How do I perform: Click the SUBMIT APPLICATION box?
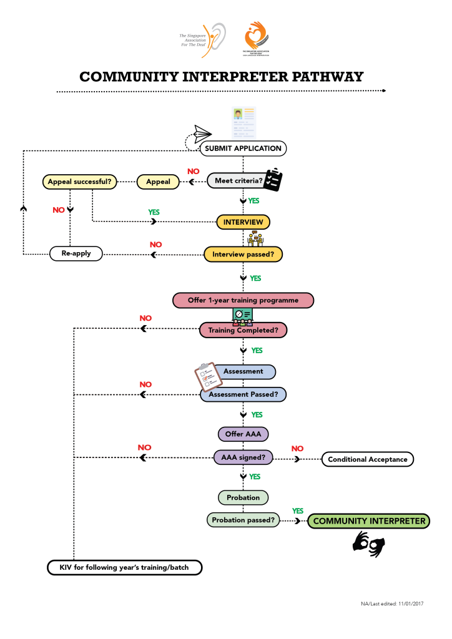click(x=243, y=149)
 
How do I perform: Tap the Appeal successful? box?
click(x=80, y=182)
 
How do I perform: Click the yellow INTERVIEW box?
click(x=243, y=222)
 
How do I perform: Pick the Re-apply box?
click(x=76, y=254)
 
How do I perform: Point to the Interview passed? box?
click(x=243, y=254)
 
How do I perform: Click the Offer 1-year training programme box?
click(x=243, y=300)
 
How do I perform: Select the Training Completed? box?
click(x=243, y=330)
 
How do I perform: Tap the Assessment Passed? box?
click(x=243, y=394)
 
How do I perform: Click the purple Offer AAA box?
click(x=243, y=434)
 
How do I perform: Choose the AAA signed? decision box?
click(x=243, y=457)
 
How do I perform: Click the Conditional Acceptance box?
click(x=367, y=459)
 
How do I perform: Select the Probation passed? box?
click(x=243, y=520)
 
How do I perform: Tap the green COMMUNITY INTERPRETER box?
click(x=369, y=521)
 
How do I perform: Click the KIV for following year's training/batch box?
click(x=126, y=568)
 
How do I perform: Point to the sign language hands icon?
click(x=369, y=544)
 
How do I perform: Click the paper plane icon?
click(x=202, y=133)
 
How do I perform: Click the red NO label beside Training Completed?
click(x=145, y=318)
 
